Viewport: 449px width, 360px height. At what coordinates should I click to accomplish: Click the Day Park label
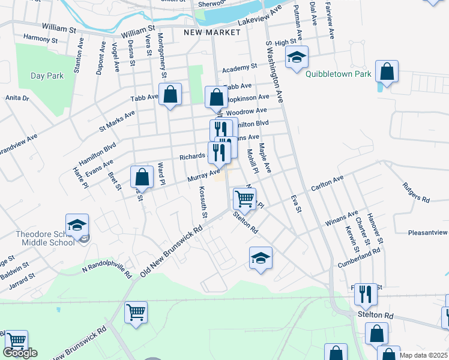tap(47, 76)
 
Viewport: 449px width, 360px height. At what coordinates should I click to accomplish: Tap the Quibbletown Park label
tap(338, 74)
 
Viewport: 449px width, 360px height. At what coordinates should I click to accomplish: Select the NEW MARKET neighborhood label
tap(203, 32)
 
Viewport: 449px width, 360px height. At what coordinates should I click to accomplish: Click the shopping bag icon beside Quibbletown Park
tap(387, 71)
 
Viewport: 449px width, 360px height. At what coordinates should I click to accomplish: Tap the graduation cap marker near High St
tap(296, 58)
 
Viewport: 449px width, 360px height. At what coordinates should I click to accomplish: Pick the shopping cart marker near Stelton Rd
tap(244, 197)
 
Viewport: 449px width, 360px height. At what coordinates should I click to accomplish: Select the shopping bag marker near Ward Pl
tap(142, 177)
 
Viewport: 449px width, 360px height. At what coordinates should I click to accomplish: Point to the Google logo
tap(20, 353)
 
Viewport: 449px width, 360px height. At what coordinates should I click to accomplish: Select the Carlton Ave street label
tap(327, 184)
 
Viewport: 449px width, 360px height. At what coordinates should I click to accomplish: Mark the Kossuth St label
tap(203, 202)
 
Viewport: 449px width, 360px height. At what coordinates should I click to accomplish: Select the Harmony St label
tap(40, 38)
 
